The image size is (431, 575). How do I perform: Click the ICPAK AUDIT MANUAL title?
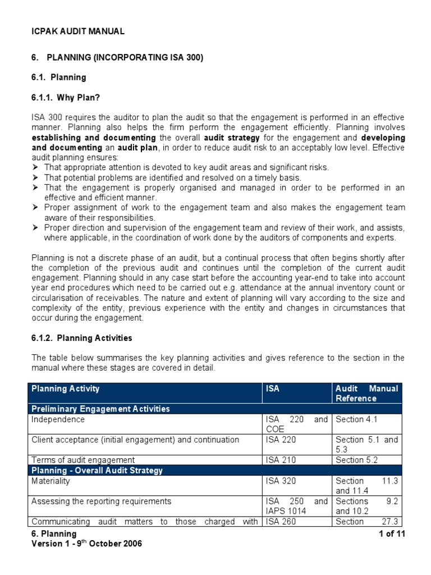click(78, 31)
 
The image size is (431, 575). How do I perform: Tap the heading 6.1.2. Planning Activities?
click(82, 338)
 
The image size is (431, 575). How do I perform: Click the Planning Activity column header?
click(66, 389)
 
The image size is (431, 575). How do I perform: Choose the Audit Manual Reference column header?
click(366, 393)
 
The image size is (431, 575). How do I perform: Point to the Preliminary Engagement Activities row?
click(100, 409)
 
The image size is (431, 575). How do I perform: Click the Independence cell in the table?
click(58, 419)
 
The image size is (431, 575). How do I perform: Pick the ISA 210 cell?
click(280, 460)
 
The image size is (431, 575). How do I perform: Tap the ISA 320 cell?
click(280, 481)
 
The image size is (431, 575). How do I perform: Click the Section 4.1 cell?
click(357, 419)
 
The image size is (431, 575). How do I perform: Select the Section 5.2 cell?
click(357, 460)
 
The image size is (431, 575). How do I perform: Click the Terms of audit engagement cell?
click(83, 460)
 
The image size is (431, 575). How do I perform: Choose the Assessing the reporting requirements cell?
click(101, 501)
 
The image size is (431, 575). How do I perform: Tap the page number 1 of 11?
click(392, 534)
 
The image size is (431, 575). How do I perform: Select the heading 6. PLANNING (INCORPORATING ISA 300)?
click(117, 57)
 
